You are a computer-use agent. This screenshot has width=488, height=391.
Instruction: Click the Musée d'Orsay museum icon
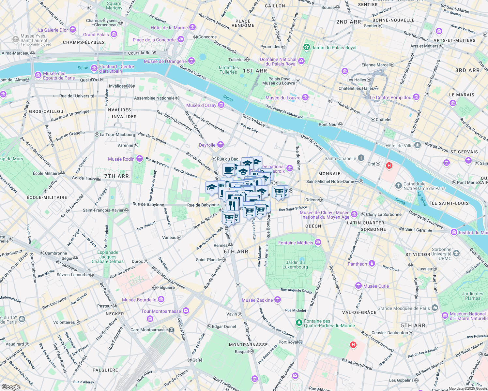tap(221, 105)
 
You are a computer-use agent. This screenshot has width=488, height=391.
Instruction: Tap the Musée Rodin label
tap(121, 159)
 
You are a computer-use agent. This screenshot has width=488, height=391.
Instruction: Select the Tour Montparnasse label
tap(161, 311)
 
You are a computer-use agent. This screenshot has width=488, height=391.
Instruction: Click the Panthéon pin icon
tap(372, 264)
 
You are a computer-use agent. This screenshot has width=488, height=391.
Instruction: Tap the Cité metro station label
tap(372, 164)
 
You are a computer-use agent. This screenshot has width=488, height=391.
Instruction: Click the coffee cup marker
tap(229, 170)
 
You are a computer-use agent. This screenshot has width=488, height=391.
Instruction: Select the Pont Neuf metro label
tap(328, 124)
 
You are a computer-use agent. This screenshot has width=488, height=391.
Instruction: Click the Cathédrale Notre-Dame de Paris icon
tap(398, 186)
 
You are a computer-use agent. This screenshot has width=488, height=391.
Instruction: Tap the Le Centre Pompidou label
tap(390, 97)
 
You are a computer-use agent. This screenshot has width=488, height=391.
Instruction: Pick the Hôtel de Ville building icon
tap(418, 145)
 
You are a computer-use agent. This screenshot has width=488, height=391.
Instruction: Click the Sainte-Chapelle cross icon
tap(361, 158)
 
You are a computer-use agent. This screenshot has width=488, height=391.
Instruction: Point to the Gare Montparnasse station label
tap(149, 330)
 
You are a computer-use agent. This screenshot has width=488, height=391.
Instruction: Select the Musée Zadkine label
tap(257, 300)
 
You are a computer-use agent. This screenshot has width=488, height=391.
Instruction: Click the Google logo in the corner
tap(11, 387)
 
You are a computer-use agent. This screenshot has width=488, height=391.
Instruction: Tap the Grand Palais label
tap(96, 35)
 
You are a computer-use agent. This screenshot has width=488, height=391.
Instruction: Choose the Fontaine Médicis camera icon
tap(318, 242)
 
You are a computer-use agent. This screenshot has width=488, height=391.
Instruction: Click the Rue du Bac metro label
tap(227, 159)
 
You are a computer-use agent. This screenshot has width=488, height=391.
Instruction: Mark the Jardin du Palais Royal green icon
tap(307, 47)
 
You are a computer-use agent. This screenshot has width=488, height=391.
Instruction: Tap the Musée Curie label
tap(376, 286)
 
